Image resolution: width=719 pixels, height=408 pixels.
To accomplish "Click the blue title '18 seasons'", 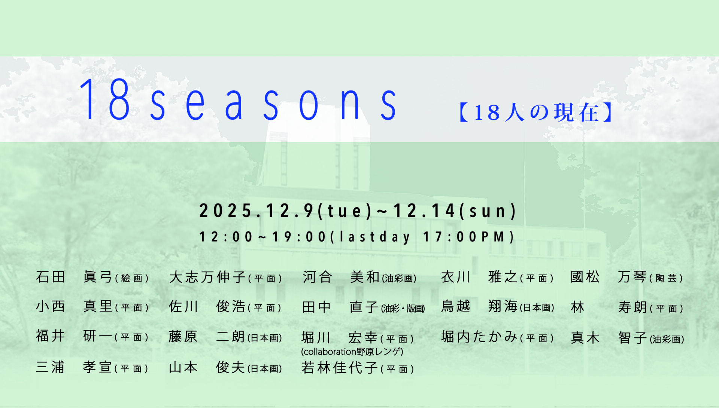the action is point(238,100).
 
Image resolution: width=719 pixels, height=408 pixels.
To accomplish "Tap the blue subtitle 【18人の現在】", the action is point(536,113).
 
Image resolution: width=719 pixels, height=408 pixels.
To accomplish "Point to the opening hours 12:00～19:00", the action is point(263,237).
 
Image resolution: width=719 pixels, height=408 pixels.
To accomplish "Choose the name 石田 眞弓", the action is point(74,277).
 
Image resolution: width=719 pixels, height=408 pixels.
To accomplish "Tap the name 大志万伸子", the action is point(207,277).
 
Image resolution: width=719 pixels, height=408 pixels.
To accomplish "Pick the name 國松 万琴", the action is point(609,277).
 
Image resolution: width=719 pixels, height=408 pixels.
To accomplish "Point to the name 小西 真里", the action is point(74,306).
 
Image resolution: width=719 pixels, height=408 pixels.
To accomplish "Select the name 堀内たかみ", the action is point(479,337).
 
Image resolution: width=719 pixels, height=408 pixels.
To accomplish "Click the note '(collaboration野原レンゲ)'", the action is point(352,352).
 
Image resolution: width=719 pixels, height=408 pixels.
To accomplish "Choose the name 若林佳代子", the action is point(340,368).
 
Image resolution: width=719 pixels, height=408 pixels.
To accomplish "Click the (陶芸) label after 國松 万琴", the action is point(666,278).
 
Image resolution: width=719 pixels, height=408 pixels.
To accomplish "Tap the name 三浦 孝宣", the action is point(74,367).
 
